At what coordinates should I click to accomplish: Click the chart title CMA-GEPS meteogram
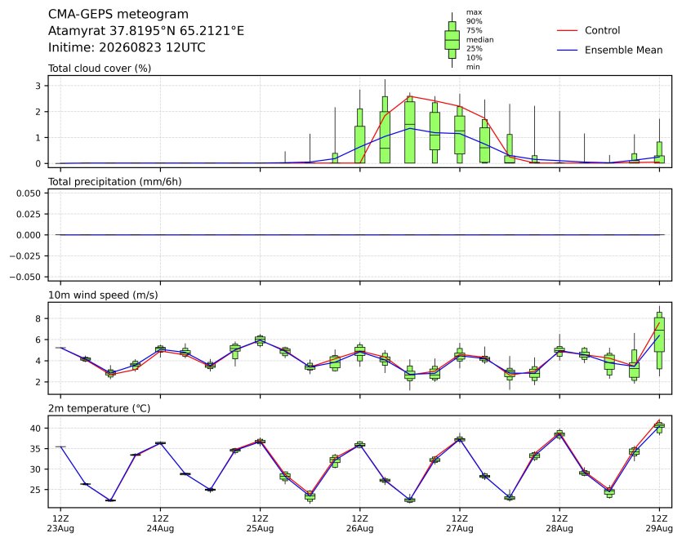[118, 15]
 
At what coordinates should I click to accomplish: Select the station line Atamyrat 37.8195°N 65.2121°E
[146, 31]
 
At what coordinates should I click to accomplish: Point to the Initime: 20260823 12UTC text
[127, 47]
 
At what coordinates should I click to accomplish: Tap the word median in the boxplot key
[479, 39]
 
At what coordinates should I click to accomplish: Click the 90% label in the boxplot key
[474, 21]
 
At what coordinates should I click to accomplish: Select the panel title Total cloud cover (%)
[100, 69]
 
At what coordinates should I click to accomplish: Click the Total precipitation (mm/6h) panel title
[115, 182]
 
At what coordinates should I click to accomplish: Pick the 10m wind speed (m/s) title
[103, 295]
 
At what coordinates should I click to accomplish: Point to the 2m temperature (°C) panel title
[99, 409]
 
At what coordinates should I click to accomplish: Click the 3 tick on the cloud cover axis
[38, 86]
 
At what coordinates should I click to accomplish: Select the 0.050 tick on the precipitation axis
[29, 193]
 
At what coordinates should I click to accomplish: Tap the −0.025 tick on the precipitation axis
[25, 256]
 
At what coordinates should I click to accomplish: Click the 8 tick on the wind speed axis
[38, 318]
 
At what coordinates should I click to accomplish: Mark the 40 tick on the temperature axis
[36, 428]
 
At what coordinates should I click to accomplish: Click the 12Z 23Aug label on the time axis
[60, 523]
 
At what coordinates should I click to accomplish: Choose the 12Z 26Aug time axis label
[359, 523]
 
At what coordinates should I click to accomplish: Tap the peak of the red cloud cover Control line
[410, 96]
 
